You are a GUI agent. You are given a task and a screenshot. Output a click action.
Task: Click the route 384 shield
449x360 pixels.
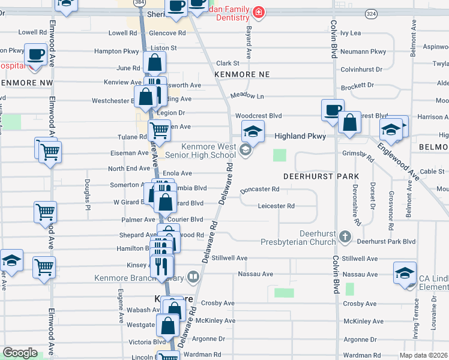pyautogui.click(x=140, y=3)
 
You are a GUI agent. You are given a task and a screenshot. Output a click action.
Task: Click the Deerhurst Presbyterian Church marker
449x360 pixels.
pyautogui.click(x=345, y=236)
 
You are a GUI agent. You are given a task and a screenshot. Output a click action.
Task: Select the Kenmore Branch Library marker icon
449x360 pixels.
pyautogui.click(x=193, y=277)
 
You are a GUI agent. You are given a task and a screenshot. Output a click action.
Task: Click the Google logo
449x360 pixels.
pyautogui.click(x=20, y=353)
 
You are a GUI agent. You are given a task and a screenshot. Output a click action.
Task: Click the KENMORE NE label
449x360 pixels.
pyautogui.click(x=240, y=73)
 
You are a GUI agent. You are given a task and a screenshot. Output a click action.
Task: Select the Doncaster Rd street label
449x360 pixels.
pyautogui.click(x=260, y=190)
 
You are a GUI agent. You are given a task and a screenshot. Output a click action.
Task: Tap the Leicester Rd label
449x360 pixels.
pyautogui.click(x=276, y=206)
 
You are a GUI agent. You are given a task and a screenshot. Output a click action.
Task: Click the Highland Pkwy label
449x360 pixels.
pyautogui.click(x=300, y=136)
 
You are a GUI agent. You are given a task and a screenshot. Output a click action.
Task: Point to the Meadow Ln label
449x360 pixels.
pyautogui.click(x=247, y=95)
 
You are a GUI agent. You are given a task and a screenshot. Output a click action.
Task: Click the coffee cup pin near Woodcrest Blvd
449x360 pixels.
pyautogui.click(x=333, y=110)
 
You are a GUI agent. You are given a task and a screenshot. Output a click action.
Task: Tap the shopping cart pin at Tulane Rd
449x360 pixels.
pyautogui.click(x=159, y=130)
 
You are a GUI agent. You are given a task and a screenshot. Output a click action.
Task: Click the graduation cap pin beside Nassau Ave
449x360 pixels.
pyautogui.click(x=405, y=272)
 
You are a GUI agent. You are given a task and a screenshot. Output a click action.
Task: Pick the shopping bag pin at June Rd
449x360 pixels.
pyautogui.click(x=155, y=63)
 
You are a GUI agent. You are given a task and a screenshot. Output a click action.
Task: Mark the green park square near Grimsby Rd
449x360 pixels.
pyautogui.click(x=280, y=155)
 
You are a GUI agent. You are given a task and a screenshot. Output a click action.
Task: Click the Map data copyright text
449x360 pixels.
pyautogui.click(x=424, y=355)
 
